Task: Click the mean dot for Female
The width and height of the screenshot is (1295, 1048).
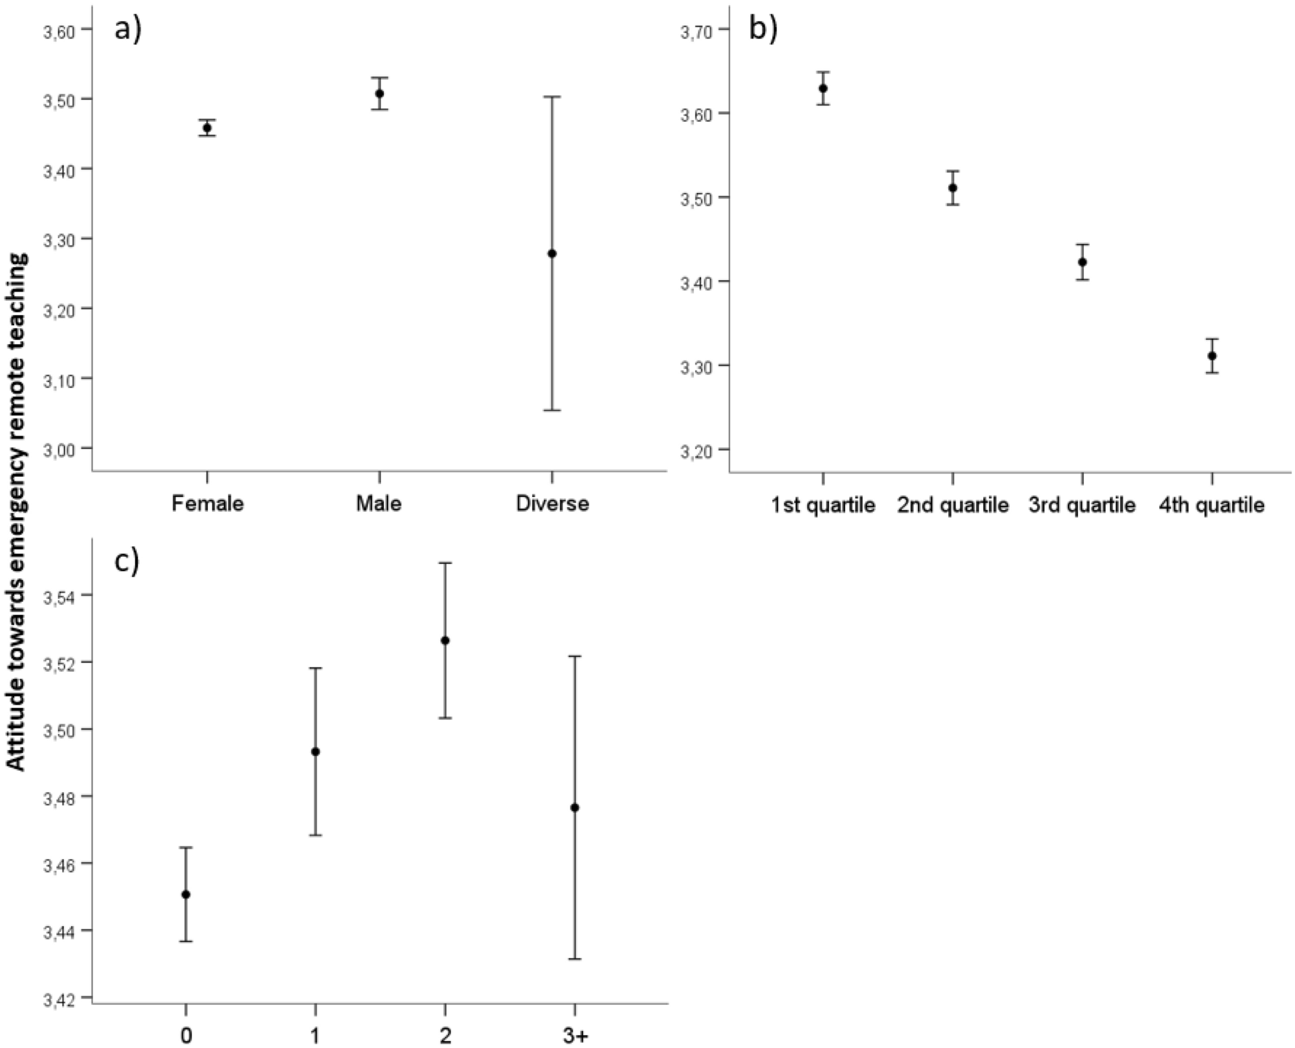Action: click(x=207, y=128)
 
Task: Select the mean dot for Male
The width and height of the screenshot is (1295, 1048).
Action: click(x=380, y=94)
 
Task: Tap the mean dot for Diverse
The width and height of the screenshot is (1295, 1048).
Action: click(x=552, y=253)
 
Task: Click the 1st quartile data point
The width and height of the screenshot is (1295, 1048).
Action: click(x=823, y=88)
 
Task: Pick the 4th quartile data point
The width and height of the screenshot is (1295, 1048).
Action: click(x=1212, y=356)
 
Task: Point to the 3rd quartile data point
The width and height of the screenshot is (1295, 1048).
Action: click(x=1083, y=262)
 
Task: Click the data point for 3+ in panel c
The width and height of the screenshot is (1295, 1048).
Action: click(x=575, y=807)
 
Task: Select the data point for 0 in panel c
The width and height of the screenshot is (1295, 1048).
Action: click(x=186, y=894)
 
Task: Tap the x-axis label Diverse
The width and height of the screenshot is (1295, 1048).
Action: click(x=552, y=503)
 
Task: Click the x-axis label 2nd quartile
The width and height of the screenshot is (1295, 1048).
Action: click(x=952, y=505)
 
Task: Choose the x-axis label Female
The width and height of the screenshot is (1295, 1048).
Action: click(x=207, y=503)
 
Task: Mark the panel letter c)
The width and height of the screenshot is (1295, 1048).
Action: click(x=127, y=561)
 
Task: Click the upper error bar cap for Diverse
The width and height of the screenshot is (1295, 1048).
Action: click(x=552, y=97)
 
